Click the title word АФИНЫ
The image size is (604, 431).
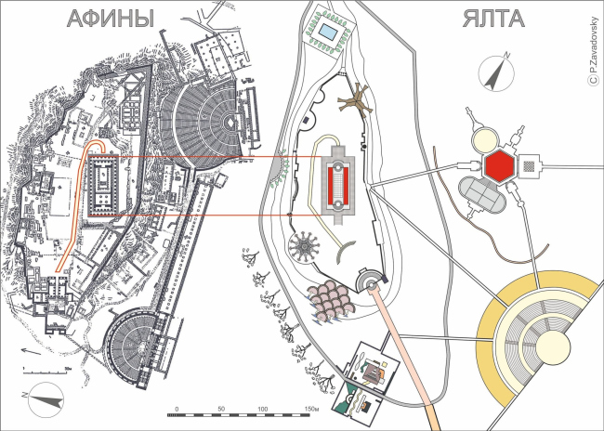(x=109, y=20)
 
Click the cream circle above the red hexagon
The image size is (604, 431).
(x=485, y=140)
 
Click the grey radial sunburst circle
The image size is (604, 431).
(x=303, y=248)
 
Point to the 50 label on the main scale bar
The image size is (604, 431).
(x=221, y=410)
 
